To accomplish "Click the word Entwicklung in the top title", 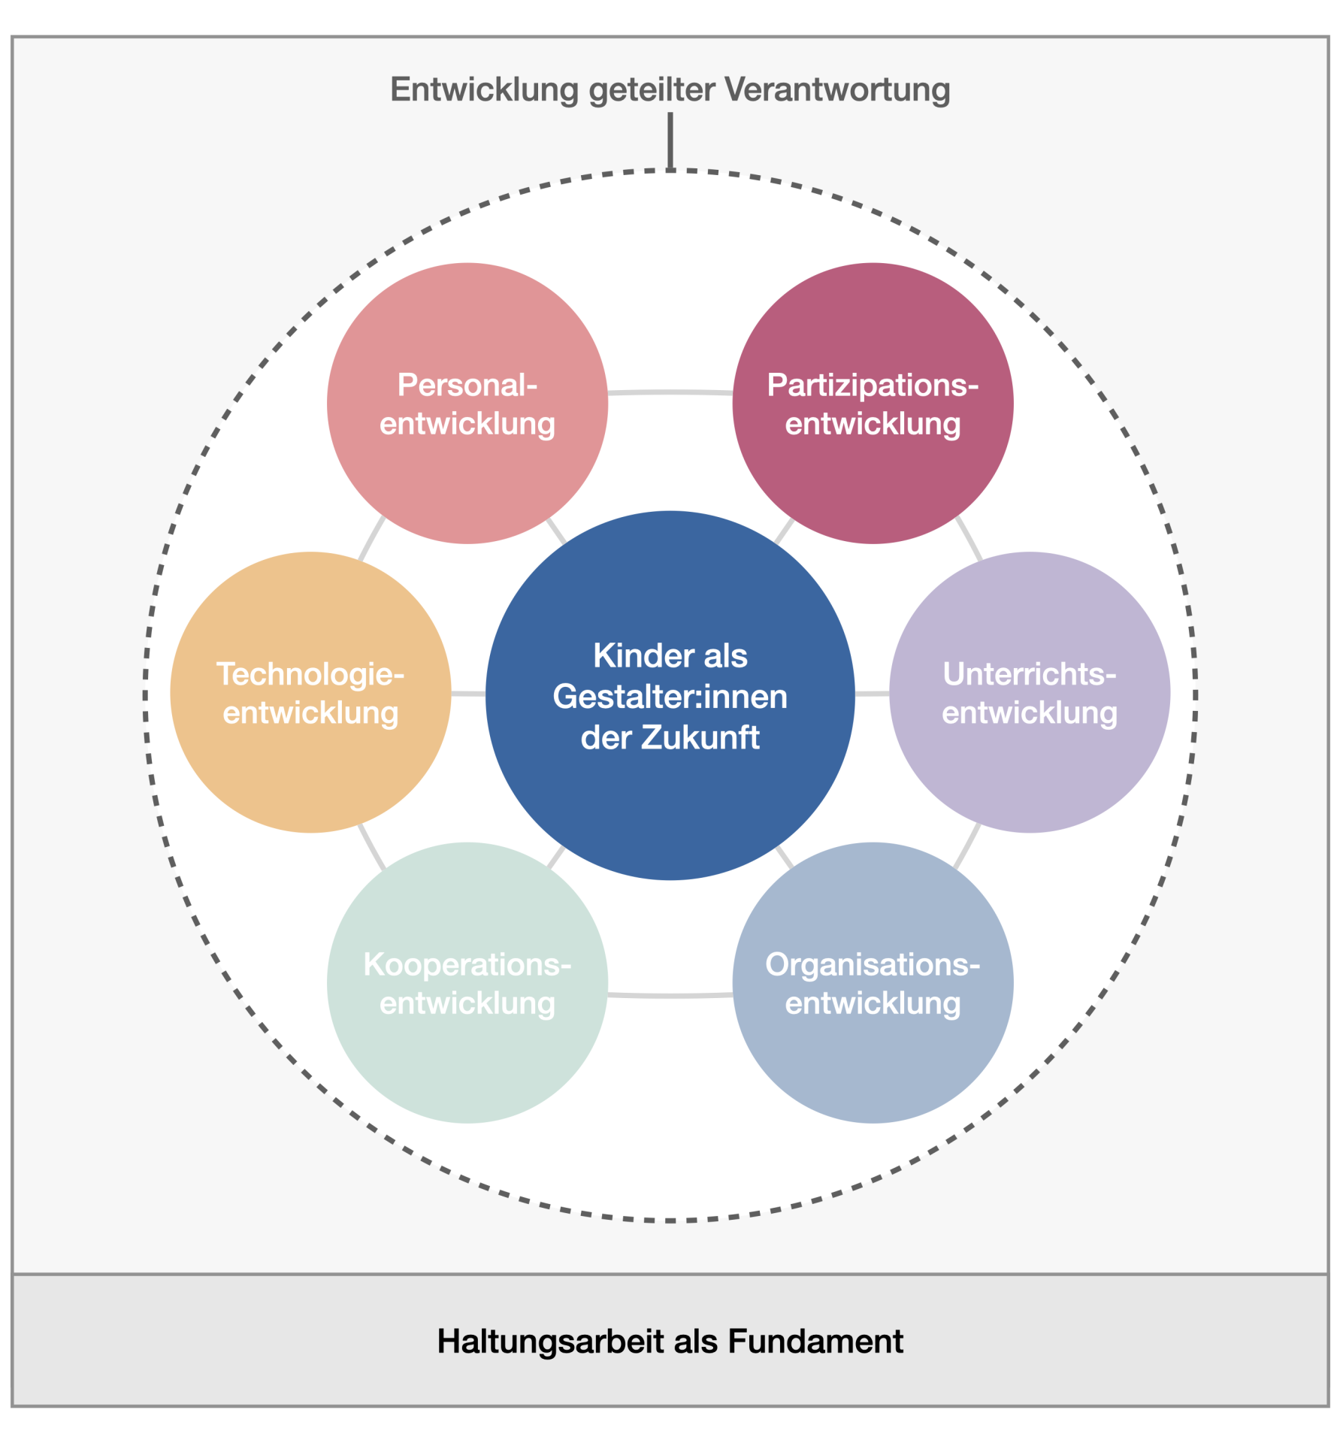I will click(484, 89).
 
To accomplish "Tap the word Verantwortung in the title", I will click(837, 89).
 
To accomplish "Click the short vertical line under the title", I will click(670, 141).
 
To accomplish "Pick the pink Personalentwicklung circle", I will click(467, 466).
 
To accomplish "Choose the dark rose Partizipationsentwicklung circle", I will click(873, 466).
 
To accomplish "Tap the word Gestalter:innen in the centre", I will click(670, 697).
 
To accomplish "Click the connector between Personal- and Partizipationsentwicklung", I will click(670, 392).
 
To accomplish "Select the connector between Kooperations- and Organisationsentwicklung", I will click(670, 995).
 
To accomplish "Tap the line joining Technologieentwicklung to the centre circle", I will click(468, 693).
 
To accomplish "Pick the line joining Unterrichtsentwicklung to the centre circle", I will click(872, 693).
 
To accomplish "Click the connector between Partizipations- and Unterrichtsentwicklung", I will click(969, 538).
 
